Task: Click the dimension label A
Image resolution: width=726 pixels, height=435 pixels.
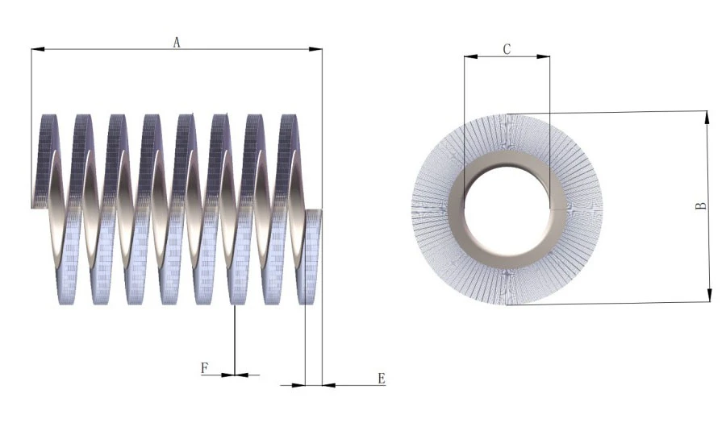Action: [x=177, y=43]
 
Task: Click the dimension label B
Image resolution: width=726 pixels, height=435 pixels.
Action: [x=702, y=205]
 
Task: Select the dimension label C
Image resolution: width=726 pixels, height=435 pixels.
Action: [x=507, y=49]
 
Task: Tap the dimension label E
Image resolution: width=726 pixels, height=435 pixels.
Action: [x=382, y=378]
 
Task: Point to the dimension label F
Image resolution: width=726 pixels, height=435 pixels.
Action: [x=205, y=368]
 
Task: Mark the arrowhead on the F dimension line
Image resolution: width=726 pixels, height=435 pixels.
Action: [x=240, y=375]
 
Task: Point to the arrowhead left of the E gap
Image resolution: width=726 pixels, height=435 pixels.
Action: [x=299, y=385]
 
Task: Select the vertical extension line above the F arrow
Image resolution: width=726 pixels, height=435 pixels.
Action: [x=234, y=338]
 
